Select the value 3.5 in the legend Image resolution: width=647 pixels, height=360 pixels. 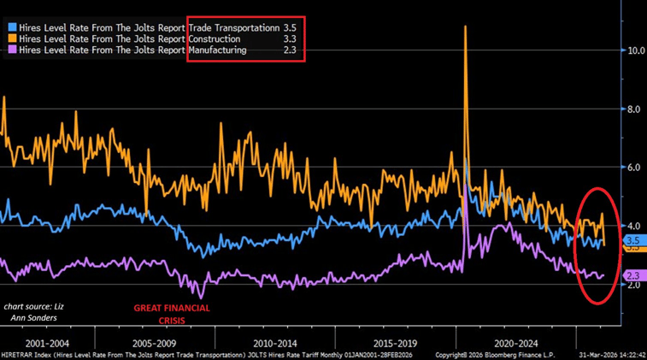pos(290,27)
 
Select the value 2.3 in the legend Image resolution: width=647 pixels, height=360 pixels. pos(290,50)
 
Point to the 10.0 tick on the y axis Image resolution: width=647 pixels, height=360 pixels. pos(634,50)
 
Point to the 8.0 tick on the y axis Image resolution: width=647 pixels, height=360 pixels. pos(634,109)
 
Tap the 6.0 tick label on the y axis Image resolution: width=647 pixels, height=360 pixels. pos(634,168)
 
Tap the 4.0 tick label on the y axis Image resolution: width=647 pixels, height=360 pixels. pos(634,226)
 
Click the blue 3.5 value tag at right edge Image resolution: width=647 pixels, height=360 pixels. pos(633,240)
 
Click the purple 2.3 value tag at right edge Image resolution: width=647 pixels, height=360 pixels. pos(633,274)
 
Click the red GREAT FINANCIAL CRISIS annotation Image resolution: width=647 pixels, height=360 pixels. pos(172,314)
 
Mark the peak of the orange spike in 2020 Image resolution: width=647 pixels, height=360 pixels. pos(465,27)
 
